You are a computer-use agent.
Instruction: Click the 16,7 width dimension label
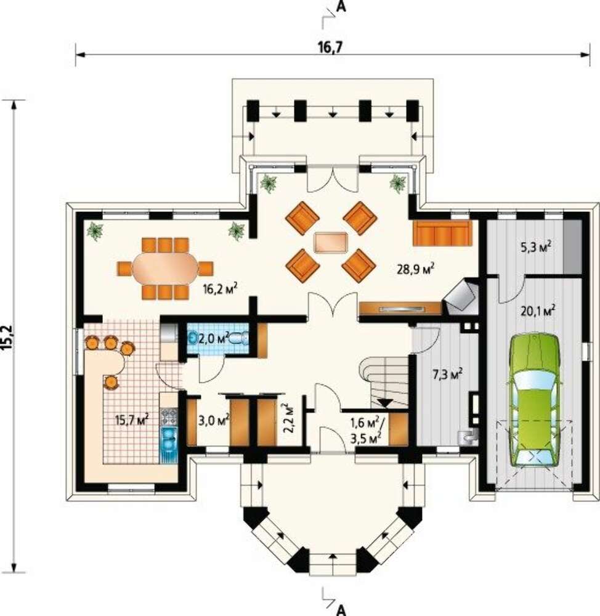[x=331, y=47]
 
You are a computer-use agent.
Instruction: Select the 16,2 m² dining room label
[x=220, y=289]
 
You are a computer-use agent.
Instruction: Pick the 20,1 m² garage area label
[x=538, y=311]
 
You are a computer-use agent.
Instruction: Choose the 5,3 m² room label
[x=535, y=247]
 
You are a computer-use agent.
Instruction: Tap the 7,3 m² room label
[x=447, y=374]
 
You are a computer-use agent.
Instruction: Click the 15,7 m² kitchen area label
[x=132, y=419]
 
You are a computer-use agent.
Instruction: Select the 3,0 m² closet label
[x=213, y=421]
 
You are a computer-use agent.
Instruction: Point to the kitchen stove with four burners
[x=169, y=417]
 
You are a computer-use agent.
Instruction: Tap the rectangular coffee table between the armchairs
[x=331, y=242]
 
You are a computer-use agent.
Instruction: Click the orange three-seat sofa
[x=442, y=233]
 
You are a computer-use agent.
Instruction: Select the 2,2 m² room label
[x=289, y=418]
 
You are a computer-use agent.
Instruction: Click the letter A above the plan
[x=341, y=7]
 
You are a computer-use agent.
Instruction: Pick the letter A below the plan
[x=341, y=610]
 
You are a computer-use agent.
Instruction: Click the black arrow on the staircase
[x=384, y=403]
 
